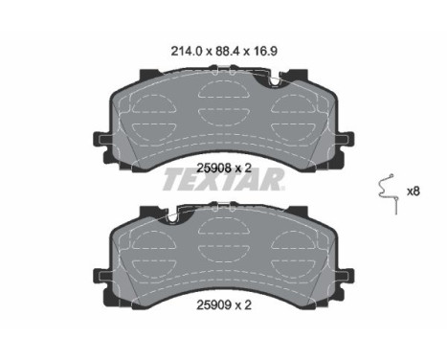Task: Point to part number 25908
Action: click(x=212, y=165)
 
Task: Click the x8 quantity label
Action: click(x=414, y=191)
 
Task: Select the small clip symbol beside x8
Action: click(x=388, y=192)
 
